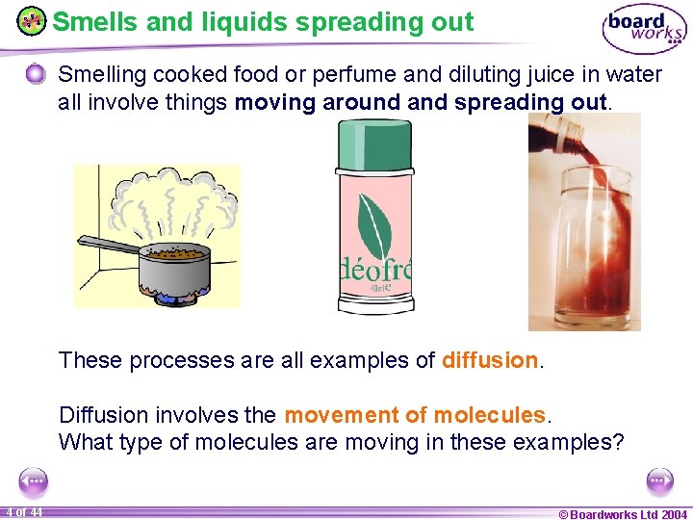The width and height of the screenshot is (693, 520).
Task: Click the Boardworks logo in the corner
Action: [644, 28]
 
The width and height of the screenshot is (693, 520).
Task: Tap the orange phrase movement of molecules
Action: [415, 415]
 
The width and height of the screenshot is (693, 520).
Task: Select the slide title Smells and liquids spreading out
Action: [263, 21]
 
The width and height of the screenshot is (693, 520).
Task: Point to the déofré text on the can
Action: [375, 269]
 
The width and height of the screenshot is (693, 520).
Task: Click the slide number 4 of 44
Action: [22, 512]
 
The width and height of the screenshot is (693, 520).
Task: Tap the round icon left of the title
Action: [32, 21]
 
